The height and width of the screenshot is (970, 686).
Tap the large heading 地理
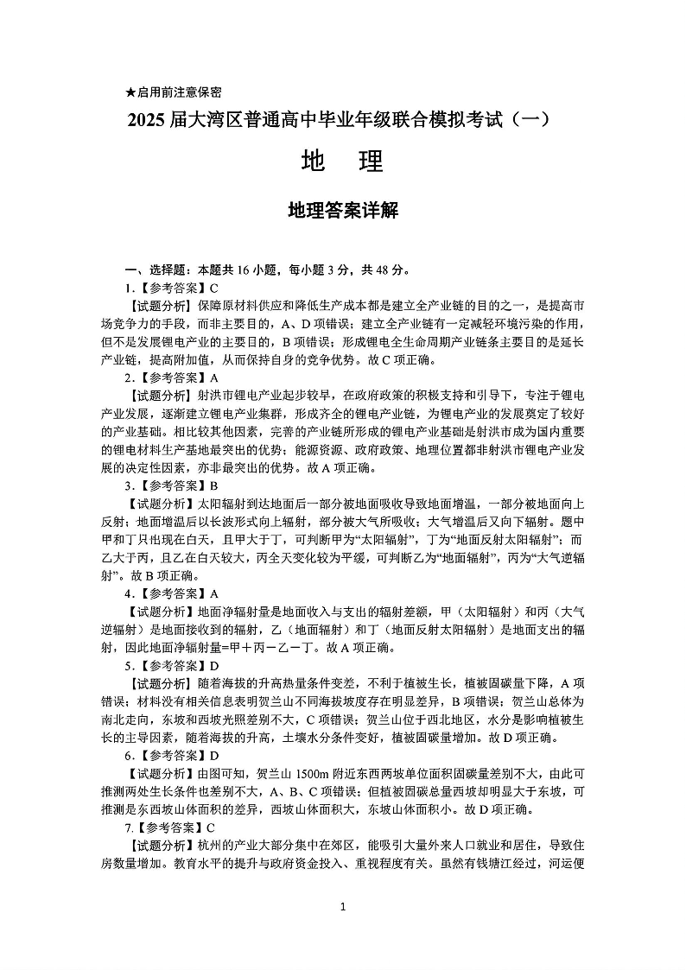(x=342, y=162)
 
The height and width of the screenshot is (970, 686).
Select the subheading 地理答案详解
(x=342, y=210)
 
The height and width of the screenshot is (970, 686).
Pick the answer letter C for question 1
(x=214, y=288)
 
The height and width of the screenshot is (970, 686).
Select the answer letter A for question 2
(x=214, y=377)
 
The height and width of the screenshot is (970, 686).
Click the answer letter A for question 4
(x=214, y=593)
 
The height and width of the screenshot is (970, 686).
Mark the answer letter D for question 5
(x=214, y=666)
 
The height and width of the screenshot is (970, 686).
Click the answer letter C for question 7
(x=211, y=827)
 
